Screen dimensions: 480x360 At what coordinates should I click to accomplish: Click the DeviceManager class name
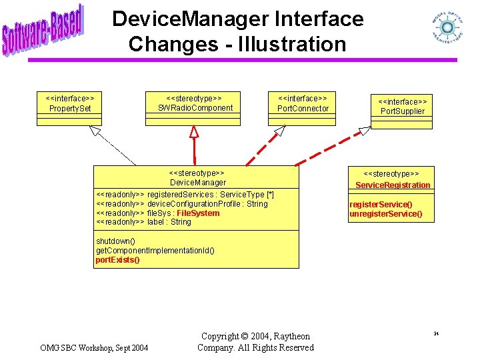[x=198, y=183]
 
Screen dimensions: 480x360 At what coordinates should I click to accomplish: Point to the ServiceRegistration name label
[x=393, y=185]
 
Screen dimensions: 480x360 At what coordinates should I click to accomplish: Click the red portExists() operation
[x=117, y=260]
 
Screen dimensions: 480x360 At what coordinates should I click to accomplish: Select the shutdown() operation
[x=115, y=241]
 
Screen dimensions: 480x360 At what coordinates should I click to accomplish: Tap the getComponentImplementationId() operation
[x=155, y=251]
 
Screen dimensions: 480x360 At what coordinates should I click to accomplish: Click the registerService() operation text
[x=381, y=204]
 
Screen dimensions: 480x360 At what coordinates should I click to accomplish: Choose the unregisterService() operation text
[x=385, y=214]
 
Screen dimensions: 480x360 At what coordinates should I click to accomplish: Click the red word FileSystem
[x=198, y=213]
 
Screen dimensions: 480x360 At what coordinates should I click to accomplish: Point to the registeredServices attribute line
[x=185, y=195]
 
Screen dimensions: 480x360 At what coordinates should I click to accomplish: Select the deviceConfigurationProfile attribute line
[x=181, y=204]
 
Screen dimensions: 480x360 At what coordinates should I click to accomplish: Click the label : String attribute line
[x=143, y=222]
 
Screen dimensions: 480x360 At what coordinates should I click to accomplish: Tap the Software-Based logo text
[x=43, y=30]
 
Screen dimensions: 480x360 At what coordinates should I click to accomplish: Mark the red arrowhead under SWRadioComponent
[x=194, y=131]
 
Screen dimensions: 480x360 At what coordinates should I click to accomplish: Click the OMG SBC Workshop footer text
[x=94, y=347]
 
